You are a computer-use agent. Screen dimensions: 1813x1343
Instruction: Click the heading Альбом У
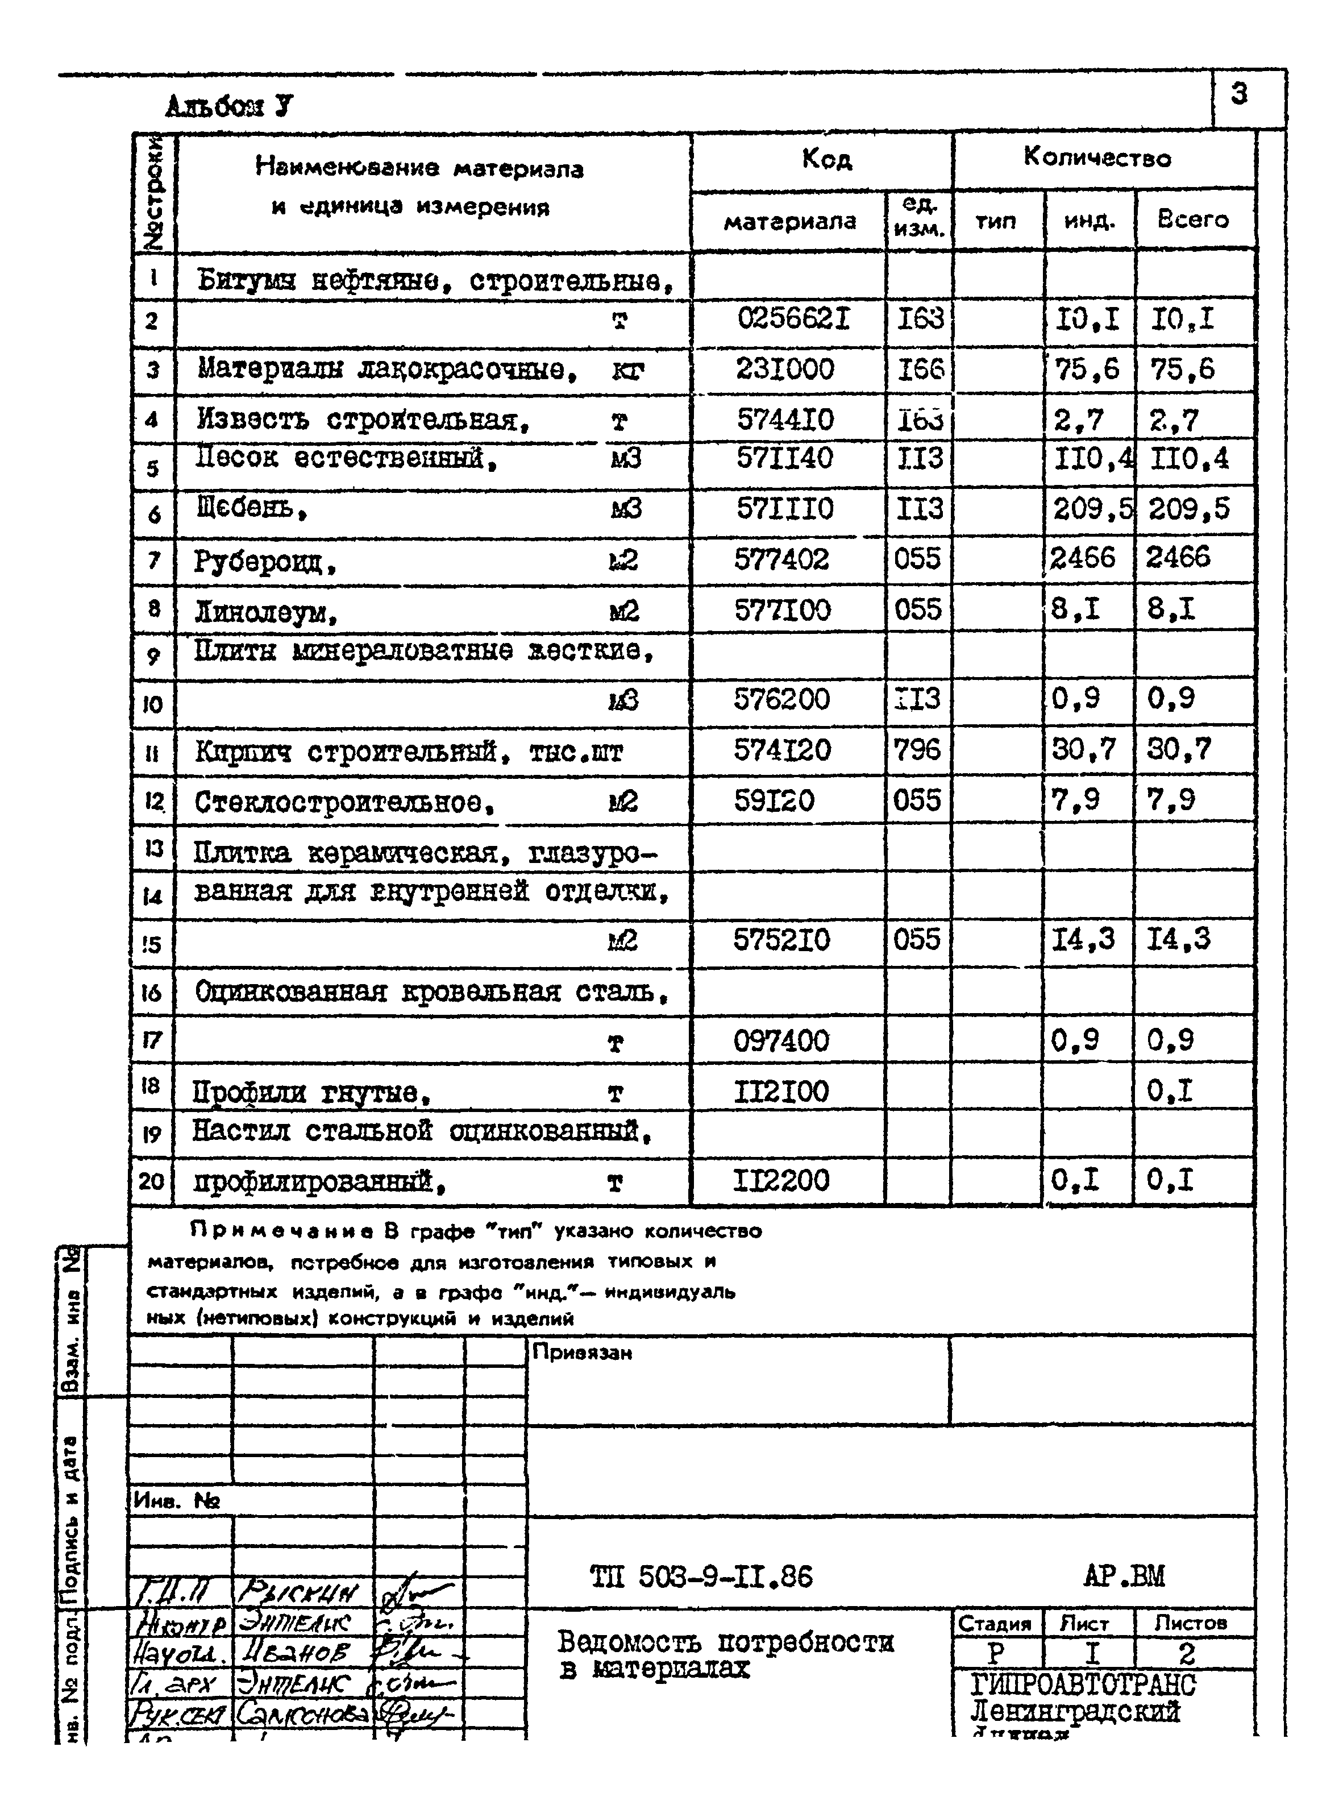(x=229, y=106)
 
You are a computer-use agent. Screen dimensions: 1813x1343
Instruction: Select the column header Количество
(x=1097, y=157)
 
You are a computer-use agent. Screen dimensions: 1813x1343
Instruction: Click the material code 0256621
(x=793, y=319)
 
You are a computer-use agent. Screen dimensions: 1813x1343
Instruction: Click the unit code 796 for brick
(x=917, y=750)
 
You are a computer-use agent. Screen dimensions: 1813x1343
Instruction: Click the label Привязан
(x=581, y=1353)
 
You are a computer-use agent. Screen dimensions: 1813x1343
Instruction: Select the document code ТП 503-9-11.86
(x=701, y=1577)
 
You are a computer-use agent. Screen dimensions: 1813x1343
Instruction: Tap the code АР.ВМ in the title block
(x=1124, y=1576)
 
